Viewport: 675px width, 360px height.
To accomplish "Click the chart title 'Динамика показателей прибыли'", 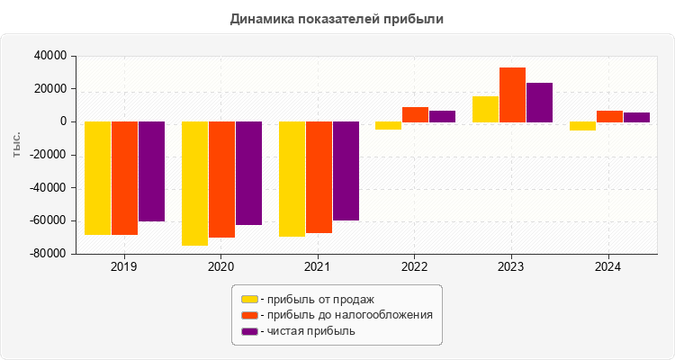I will [x=337, y=19].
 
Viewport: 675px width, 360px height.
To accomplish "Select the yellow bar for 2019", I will [x=98, y=178].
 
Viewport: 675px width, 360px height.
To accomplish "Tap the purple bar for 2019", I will [x=151, y=171].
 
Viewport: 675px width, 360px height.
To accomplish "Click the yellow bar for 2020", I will [x=194, y=184].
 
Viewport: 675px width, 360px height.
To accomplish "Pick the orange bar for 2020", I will [x=221, y=179].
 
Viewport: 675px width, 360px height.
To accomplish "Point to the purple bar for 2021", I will [x=346, y=171].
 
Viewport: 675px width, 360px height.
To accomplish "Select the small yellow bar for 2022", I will [x=388, y=126].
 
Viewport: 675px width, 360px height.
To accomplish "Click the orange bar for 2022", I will [x=415, y=114].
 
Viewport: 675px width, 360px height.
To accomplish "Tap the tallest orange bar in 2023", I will [x=512, y=94].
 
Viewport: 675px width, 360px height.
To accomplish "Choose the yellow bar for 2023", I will [x=485, y=109].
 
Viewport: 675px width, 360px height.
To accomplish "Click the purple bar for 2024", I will [x=636, y=117].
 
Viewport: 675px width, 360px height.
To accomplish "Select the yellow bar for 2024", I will [x=582, y=126].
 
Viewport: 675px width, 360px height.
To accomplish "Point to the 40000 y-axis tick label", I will [x=51, y=56].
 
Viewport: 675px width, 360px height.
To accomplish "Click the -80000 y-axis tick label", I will [x=49, y=254].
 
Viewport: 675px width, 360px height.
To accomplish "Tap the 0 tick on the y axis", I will [x=64, y=121].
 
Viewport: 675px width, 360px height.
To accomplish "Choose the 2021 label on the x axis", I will [x=318, y=267].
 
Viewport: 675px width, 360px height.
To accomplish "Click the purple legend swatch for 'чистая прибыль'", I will [x=249, y=331].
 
